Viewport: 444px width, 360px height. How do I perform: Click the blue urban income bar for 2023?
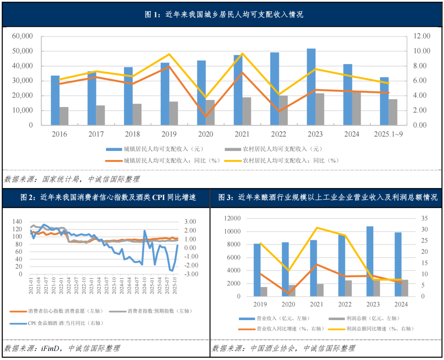[x=311, y=86]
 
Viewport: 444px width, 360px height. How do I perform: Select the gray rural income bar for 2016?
[x=64, y=116]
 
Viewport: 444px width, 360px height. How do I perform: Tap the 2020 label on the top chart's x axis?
[x=206, y=134]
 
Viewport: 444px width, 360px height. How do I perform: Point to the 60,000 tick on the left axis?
[x=23, y=36]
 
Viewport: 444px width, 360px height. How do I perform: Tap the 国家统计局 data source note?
[x=72, y=179]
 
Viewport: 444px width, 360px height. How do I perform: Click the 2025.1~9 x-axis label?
[x=389, y=134]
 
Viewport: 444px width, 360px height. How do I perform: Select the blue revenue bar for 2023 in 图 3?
[x=370, y=261]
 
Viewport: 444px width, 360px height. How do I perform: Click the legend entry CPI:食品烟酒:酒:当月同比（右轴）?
[x=66, y=323]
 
